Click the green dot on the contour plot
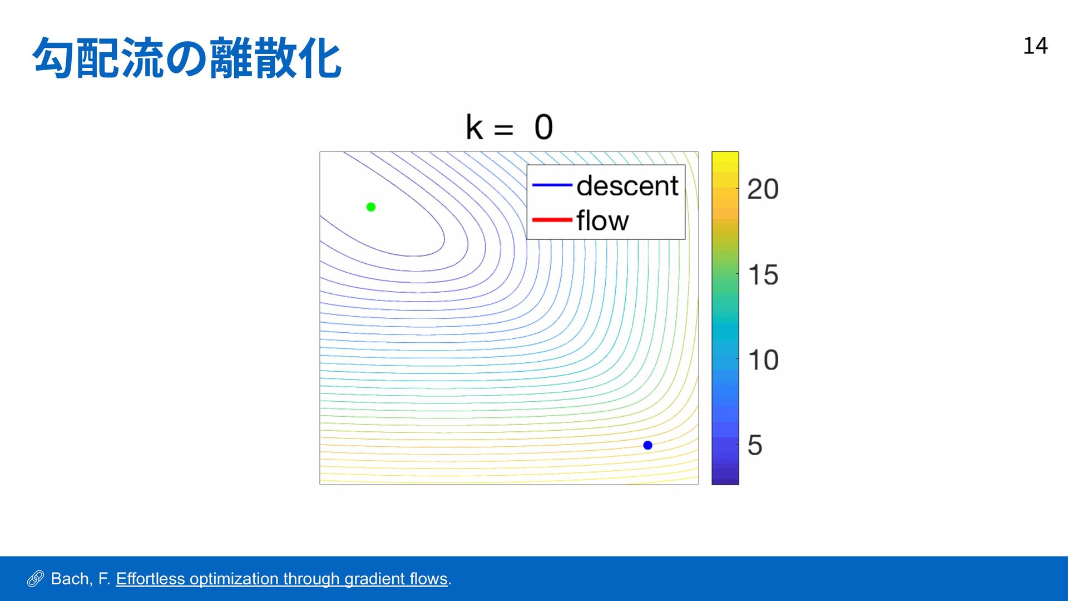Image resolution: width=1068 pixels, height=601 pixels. tap(371, 207)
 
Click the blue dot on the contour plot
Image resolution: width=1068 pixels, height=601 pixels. tap(647, 445)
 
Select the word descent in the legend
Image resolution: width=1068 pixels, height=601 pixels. tap(627, 185)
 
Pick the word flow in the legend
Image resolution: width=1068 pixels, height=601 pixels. tap(602, 220)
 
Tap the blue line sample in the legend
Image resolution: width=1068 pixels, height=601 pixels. tap(552, 185)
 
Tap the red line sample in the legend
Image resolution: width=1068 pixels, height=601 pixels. tap(552, 220)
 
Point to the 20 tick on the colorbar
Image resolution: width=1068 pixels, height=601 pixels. tap(763, 189)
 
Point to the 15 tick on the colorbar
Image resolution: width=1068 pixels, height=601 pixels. tap(763, 275)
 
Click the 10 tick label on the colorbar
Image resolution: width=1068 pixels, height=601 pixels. tap(763, 360)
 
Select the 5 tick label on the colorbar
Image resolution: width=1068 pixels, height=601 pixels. tap(755, 445)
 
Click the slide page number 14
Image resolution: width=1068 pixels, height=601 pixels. tap(1035, 46)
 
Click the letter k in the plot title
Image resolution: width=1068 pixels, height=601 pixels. tap(474, 127)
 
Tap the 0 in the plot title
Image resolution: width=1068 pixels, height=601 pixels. tap(543, 127)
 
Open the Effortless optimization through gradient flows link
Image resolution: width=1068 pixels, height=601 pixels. tap(282, 579)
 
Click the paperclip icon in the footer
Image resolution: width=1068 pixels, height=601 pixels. tap(35, 579)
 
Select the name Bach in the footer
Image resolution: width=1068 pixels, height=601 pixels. tap(71, 579)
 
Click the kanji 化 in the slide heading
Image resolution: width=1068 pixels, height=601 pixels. tap(321, 58)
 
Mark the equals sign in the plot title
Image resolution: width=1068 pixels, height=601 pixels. tap(503, 130)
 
